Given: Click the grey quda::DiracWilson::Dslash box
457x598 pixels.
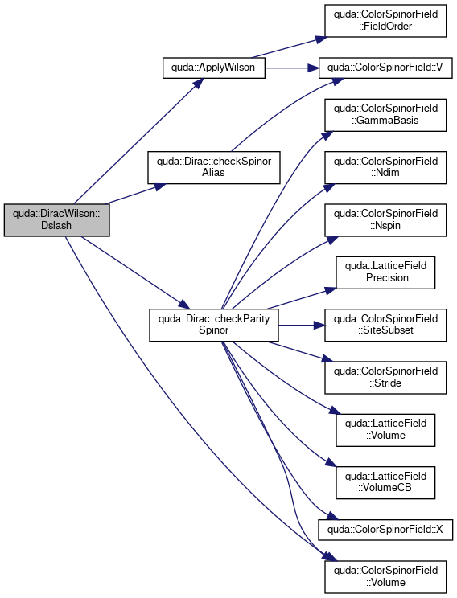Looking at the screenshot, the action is (56, 220).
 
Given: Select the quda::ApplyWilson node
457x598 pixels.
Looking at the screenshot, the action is (213, 68).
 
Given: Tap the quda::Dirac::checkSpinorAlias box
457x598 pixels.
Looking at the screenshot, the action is (213, 167).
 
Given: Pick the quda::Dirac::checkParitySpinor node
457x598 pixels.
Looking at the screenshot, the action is (213, 325).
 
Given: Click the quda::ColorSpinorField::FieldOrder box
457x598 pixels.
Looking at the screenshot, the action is (385, 21).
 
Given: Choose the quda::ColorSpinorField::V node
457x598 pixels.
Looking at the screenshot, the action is (385, 68).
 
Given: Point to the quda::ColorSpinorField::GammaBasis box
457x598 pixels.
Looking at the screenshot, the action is (385, 115).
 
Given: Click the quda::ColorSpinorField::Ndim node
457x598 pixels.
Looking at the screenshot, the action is (385, 167).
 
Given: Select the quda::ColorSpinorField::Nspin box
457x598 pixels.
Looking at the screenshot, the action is (385, 220).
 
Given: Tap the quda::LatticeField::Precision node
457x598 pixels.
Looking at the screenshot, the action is (385, 272).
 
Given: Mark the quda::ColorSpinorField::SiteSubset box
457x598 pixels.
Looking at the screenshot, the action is (385, 325).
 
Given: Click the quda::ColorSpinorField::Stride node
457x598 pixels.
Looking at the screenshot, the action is (385, 378).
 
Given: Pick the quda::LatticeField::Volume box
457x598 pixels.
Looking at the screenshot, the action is (385, 430).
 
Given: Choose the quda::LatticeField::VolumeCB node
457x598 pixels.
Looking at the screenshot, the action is (385, 482).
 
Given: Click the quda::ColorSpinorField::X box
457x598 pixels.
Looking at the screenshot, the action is (385, 530).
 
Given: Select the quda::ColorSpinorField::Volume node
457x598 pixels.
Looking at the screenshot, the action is (385, 576).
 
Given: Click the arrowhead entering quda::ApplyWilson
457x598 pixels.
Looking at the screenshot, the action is (199, 83).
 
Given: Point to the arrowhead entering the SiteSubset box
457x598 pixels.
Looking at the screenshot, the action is (319, 326).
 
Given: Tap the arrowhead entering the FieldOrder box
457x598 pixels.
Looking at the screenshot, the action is (321, 39).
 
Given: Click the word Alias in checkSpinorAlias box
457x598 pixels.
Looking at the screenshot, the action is (213, 172).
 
